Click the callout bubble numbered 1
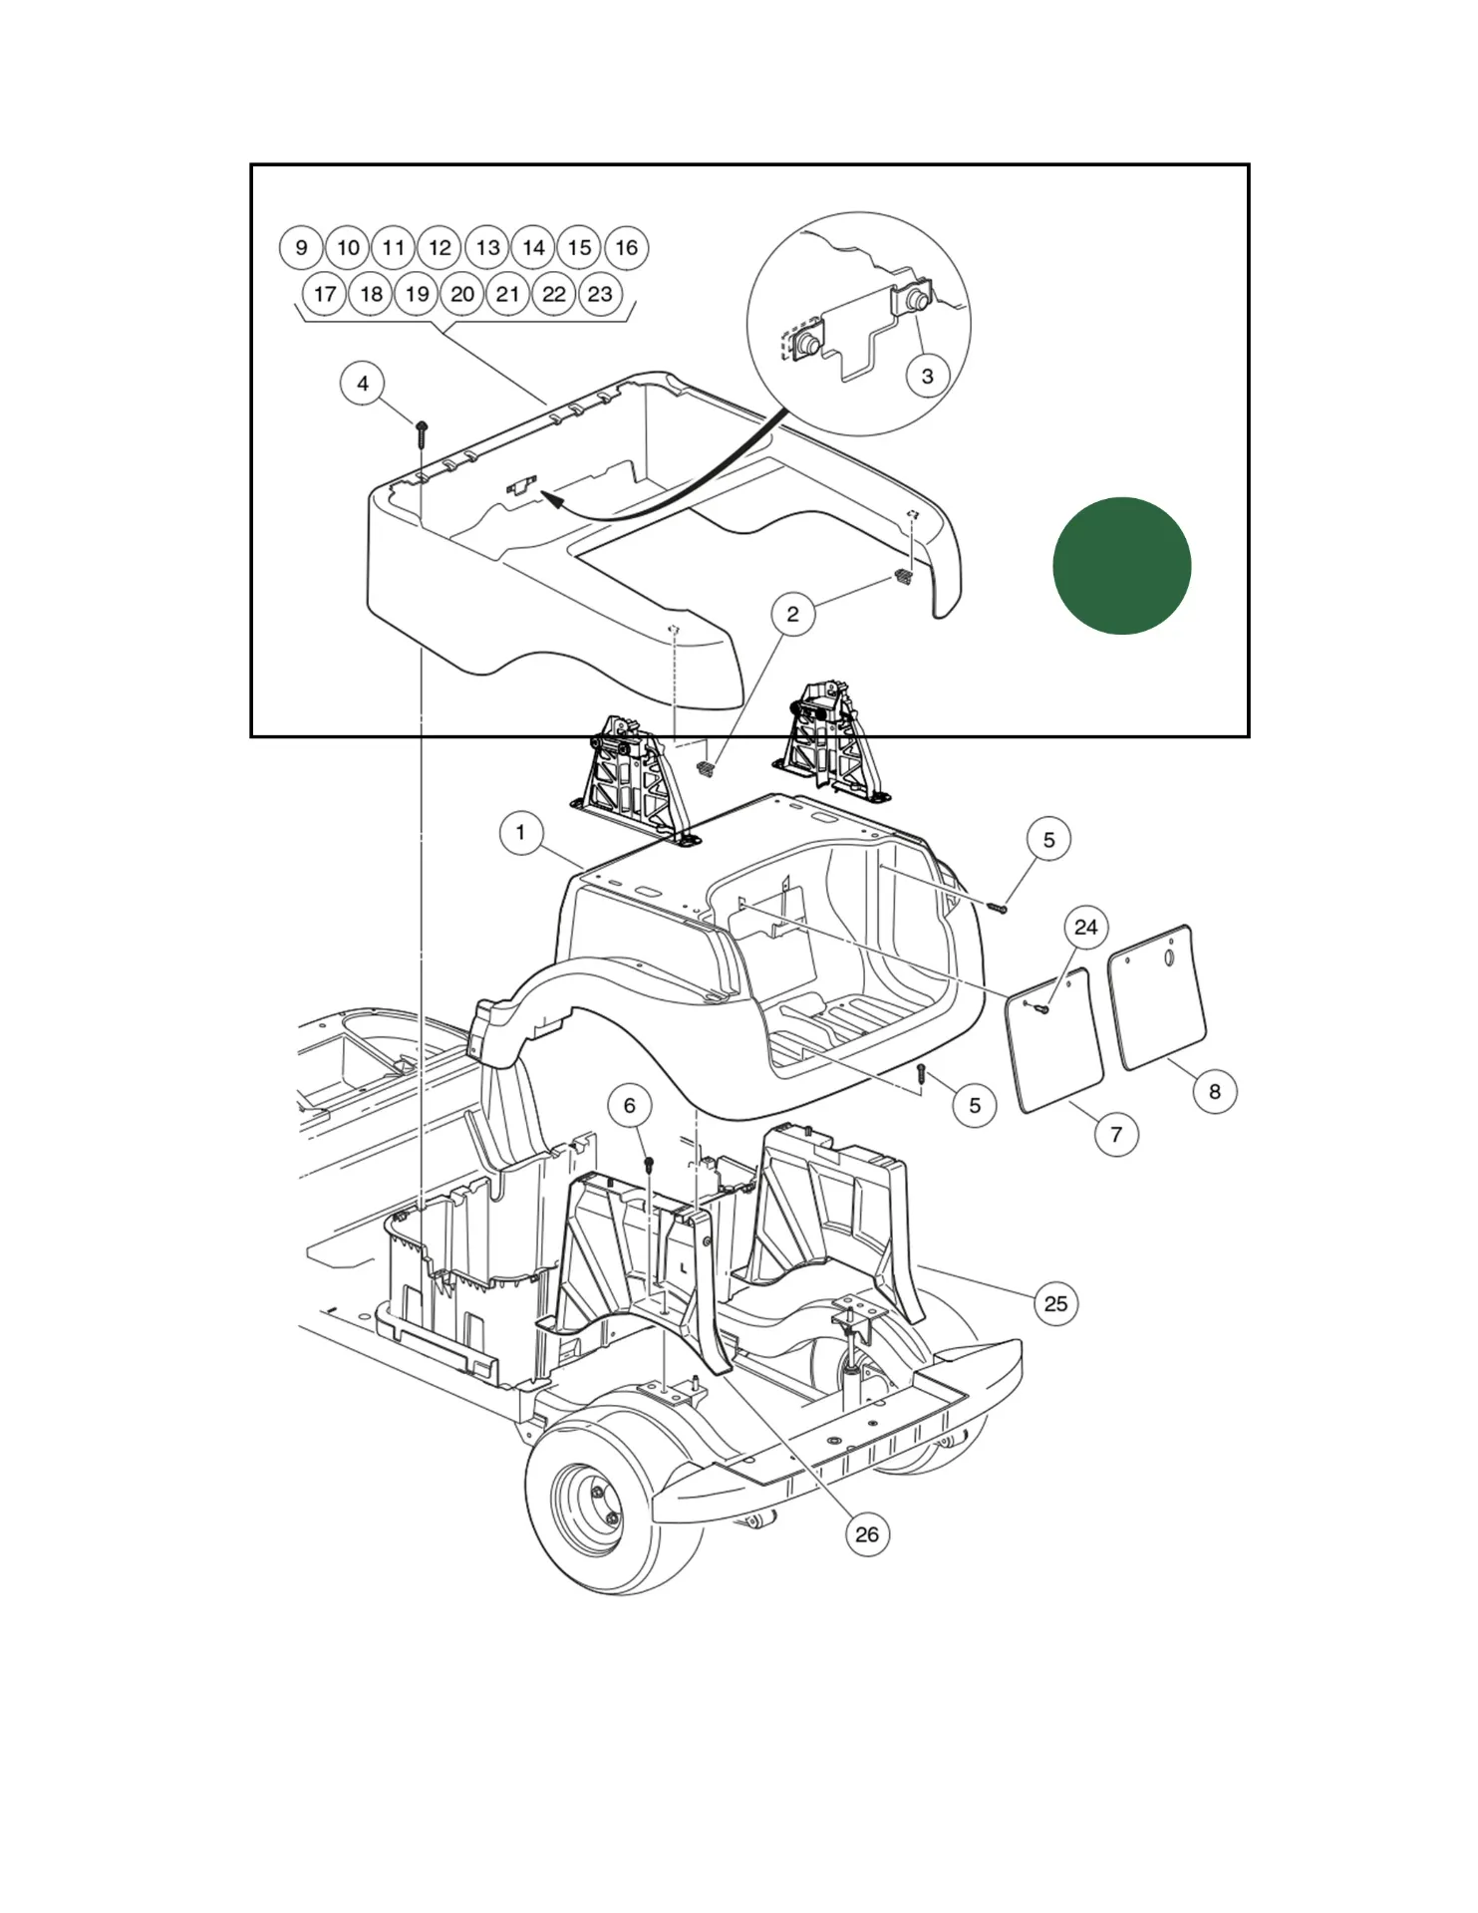click(520, 832)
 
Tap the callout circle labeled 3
click(927, 376)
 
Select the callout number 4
click(363, 384)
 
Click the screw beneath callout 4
click(423, 429)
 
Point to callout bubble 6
click(629, 1105)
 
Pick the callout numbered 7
click(1116, 1134)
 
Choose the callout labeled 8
click(1214, 1091)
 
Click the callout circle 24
click(1085, 928)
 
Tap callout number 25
click(1055, 1303)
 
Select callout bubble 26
click(867, 1534)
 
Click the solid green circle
click(1121, 566)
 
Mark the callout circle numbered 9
click(301, 248)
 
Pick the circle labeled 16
click(626, 248)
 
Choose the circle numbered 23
click(600, 294)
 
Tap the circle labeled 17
click(325, 294)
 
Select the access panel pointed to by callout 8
click(1157, 996)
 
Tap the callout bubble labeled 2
click(792, 614)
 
